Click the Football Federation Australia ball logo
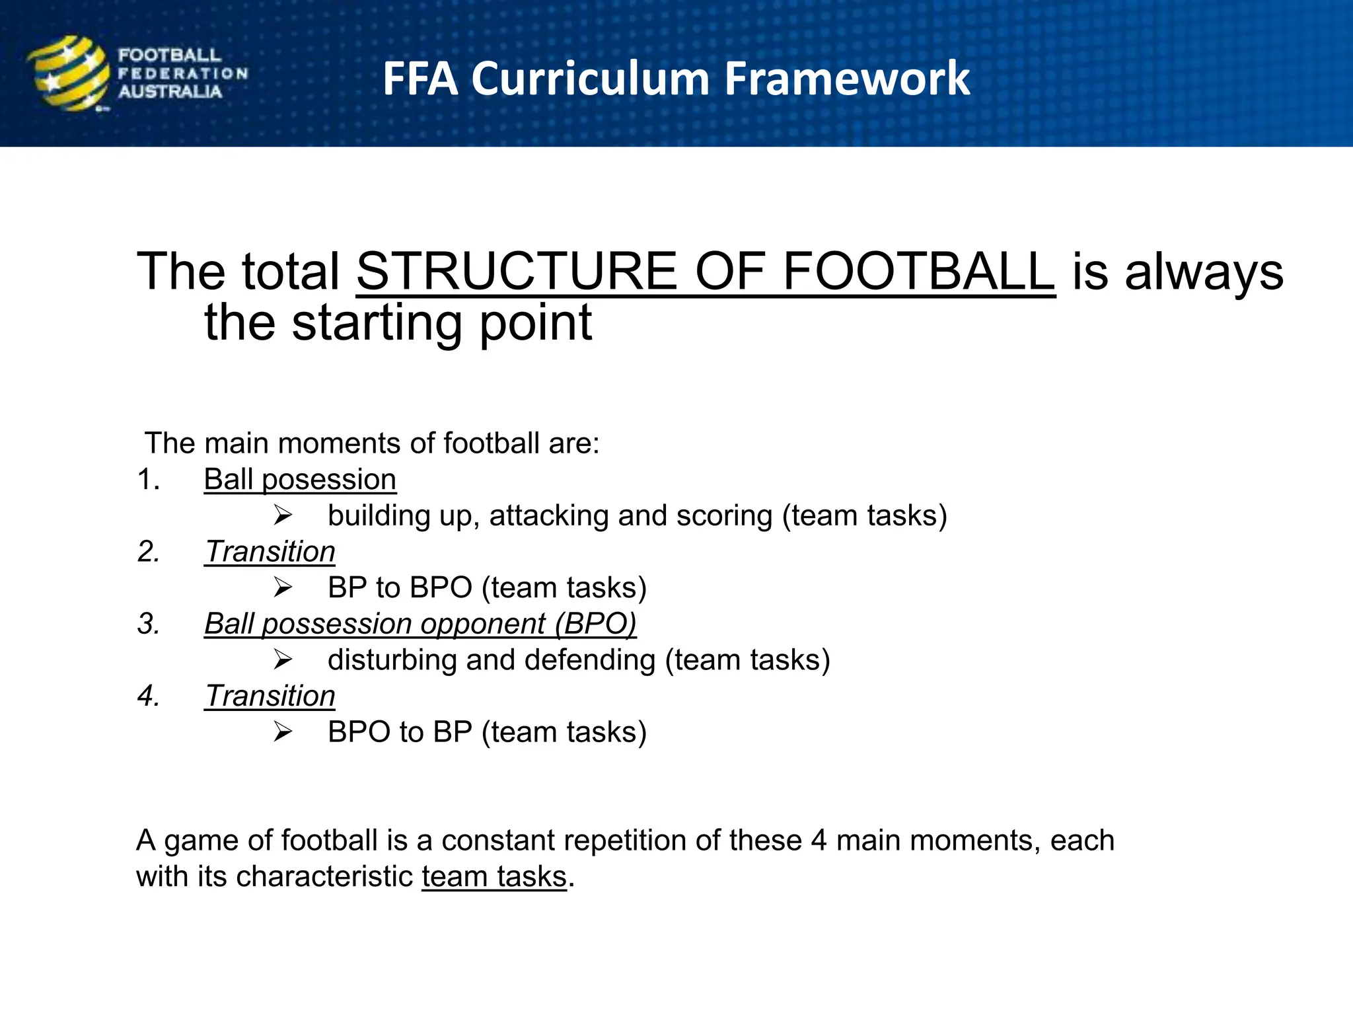pyautogui.click(x=68, y=73)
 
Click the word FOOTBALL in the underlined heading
pyautogui.click(x=918, y=272)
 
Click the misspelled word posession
pyautogui.click(x=329, y=480)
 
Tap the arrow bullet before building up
pyautogui.click(x=283, y=515)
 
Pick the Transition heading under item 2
pyautogui.click(x=270, y=552)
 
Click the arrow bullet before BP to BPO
pyautogui.click(x=283, y=587)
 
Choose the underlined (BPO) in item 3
pyautogui.click(x=595, y=624)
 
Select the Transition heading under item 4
pyautogui.click(x=270, y=696)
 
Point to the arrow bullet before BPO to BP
pyautogui.click(x=283, y=732)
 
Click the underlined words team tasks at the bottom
pyautogui.click(x=494, y=877)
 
